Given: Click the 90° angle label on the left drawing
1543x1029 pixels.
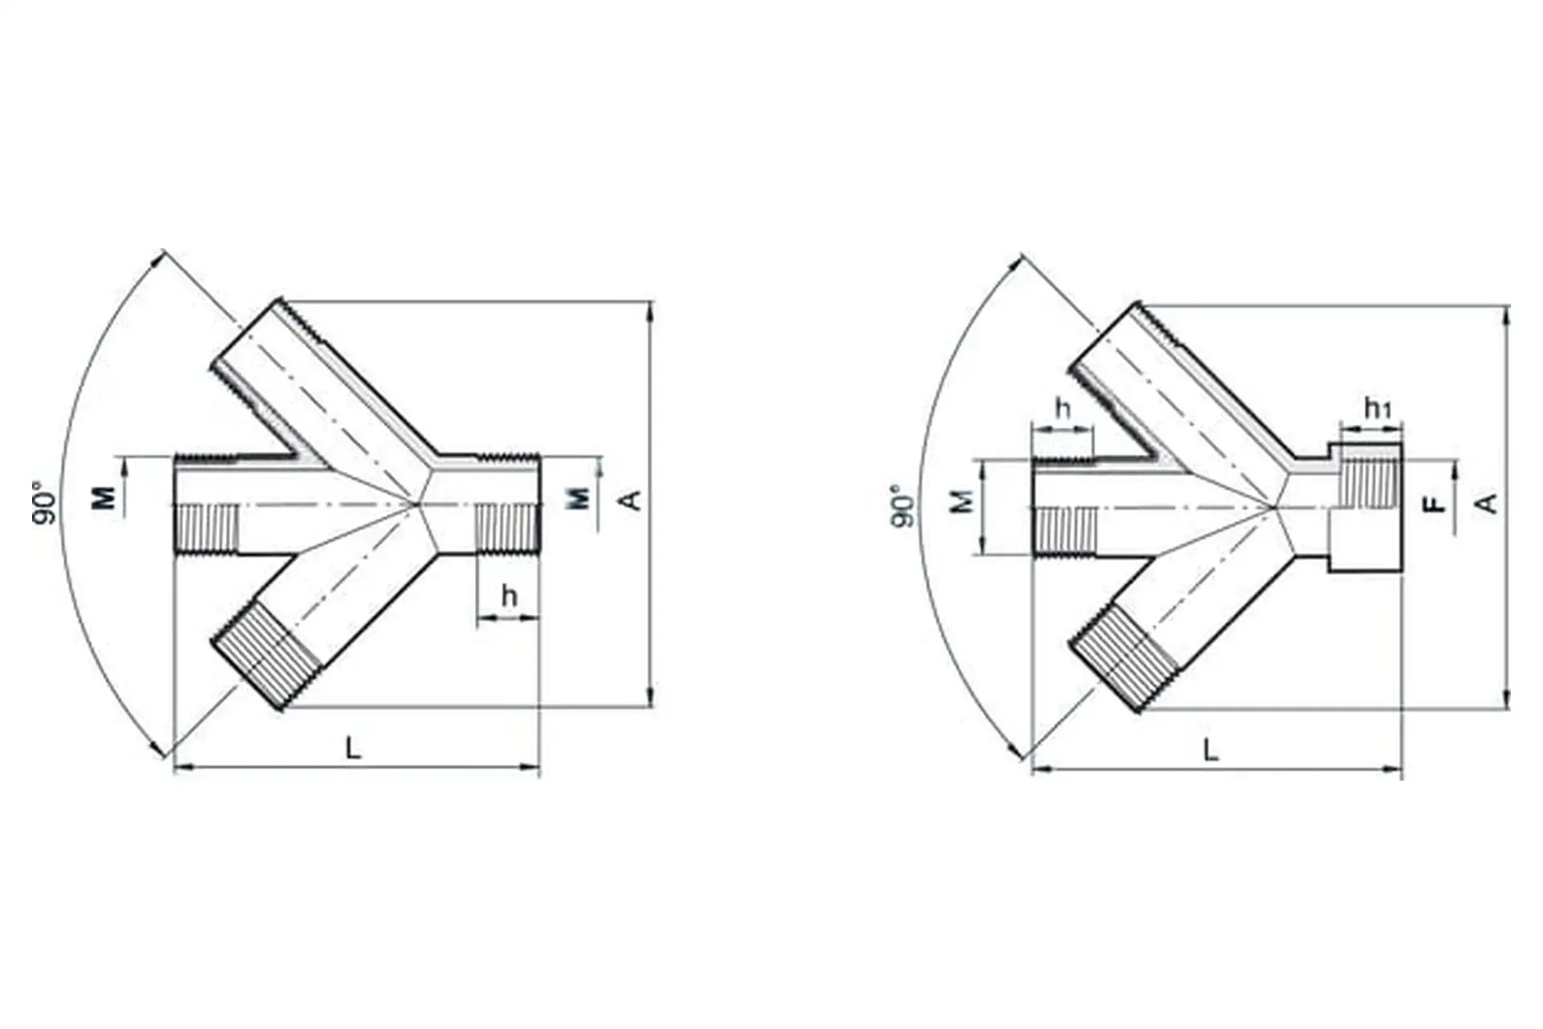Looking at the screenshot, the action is [46, 504].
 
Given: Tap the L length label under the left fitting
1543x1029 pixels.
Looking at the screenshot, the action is [353, 748].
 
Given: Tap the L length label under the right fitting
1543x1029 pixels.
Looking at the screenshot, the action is [1210, 751].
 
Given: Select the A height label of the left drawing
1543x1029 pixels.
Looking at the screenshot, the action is [632, 500].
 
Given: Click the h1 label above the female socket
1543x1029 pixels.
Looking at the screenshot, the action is [1377, 409].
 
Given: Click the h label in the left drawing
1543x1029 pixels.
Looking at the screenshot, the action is [509, 596].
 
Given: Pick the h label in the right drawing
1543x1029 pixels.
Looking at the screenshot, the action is [1062, 408].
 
